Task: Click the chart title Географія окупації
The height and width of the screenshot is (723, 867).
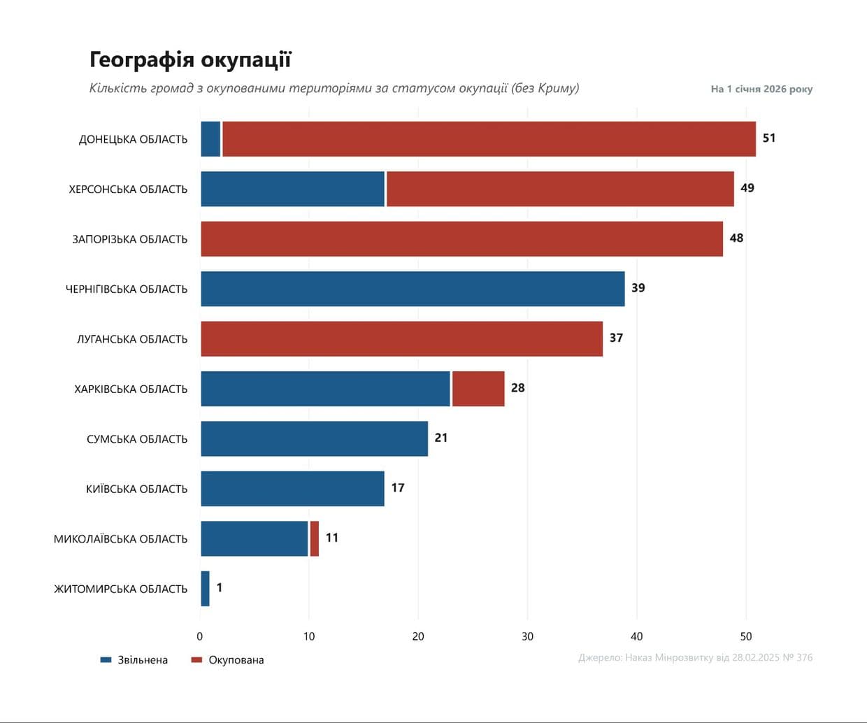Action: (190, 60)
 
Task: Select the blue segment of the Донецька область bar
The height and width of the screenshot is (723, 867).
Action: (210, 139)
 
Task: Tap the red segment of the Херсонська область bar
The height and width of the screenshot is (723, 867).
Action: (560, 189)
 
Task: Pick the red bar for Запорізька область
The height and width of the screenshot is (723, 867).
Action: (461, 239)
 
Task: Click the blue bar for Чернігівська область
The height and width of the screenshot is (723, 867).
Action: (413, 289)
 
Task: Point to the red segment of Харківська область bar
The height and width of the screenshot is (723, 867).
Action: (478, 389)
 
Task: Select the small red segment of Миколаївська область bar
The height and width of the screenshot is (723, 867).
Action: (315, 538)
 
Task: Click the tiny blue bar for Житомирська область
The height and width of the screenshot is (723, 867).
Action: (206, 589)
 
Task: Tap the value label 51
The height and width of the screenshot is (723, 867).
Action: (769, 138)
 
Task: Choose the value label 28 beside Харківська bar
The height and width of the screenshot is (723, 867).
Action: (517, 388)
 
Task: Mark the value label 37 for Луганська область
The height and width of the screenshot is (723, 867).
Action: (616, 338)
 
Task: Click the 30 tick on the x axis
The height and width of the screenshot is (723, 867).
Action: (527, 636)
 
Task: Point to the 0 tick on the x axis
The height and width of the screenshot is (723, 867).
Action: (200, 636)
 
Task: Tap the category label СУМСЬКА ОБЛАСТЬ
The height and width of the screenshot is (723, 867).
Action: (137, 439)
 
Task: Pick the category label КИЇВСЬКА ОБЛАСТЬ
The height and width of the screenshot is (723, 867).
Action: (137, 489)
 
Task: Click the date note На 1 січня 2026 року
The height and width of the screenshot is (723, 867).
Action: (761, 89)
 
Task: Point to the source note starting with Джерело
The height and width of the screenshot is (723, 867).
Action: (695, 657)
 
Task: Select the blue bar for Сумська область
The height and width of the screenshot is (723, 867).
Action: (314, 439)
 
